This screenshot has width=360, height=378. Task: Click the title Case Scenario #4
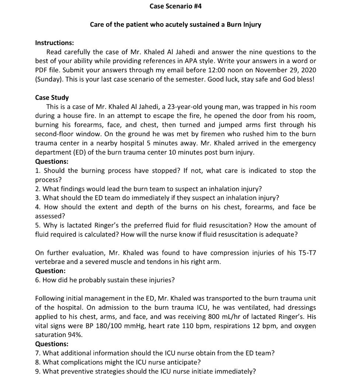[176, 6]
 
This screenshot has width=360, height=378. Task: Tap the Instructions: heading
[54, 43]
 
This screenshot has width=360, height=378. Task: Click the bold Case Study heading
[52, 97]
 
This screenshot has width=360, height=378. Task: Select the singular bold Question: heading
[50, 271]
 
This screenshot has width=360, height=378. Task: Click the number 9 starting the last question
[37, 371]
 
